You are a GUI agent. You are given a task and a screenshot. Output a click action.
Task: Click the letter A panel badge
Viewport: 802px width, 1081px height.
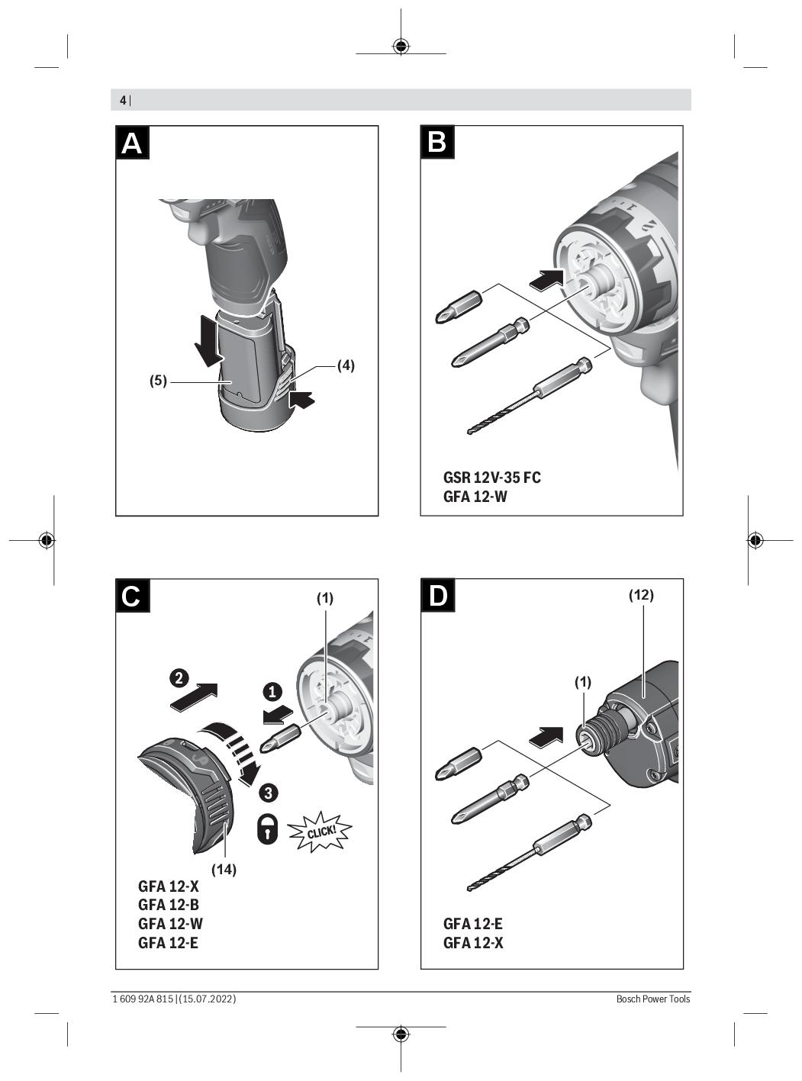click(132, 143)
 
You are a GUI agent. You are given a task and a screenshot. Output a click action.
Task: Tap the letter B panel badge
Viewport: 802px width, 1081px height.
click(437, 143)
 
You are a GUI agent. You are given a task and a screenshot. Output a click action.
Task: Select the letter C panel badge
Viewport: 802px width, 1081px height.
click(132, 596)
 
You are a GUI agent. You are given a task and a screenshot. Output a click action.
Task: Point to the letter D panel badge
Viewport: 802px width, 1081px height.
click(437, 596)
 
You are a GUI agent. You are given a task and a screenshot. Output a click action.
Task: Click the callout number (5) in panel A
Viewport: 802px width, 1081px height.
click(158, 381)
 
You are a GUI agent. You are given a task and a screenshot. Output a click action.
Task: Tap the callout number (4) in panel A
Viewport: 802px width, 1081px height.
click(346, 365)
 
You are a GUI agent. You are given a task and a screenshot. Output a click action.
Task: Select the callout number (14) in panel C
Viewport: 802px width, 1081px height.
click(224, 869)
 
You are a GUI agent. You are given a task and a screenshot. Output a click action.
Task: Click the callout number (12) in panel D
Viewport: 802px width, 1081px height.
click(641, 594)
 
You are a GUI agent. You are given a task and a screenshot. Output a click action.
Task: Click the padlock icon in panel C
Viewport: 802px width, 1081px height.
click(268, 828)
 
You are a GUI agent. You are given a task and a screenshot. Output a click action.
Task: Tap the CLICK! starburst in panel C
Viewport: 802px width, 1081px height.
click(320, 832)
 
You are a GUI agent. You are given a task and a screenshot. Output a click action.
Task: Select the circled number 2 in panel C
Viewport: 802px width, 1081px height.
click(179, 678)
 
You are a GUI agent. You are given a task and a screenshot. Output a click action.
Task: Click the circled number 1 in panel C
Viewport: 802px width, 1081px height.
click(272, 692)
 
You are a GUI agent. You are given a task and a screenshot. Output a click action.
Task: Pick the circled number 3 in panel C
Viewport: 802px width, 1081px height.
click(268, 793)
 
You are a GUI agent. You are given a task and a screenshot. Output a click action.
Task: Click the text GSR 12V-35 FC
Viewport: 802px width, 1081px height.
click(491, 477)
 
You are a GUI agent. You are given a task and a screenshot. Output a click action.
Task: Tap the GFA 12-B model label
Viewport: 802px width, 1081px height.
click(168, 905)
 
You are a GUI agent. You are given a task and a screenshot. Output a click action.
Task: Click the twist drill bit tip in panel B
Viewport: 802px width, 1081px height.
click(469, 431)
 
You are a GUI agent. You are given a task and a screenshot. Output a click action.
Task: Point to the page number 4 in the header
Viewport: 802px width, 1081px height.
click(123, 101)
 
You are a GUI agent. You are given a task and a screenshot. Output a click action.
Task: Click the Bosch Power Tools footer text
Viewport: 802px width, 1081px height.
click(652, 999)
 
